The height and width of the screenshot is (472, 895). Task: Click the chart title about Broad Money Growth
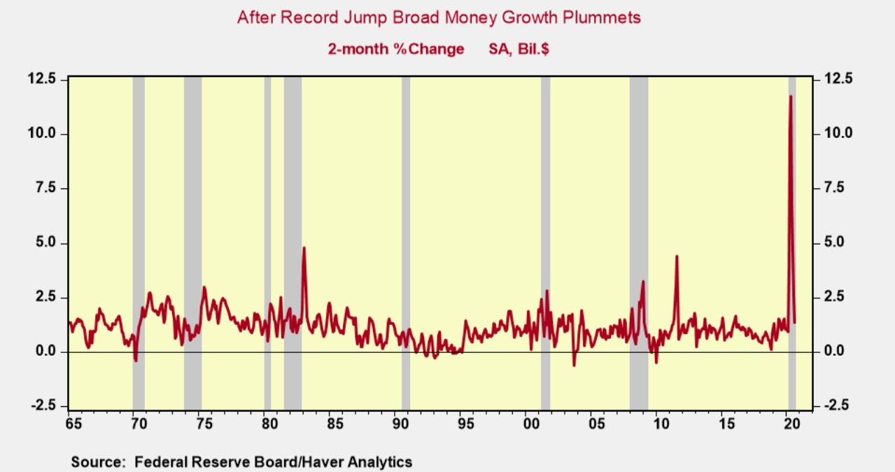[439, 18]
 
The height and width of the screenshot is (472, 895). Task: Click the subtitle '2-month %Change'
[395, 49]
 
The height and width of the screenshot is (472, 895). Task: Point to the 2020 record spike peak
[791, 97]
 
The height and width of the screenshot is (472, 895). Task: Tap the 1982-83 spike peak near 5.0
[304, 248]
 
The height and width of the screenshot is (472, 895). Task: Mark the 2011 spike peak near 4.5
[677, 256]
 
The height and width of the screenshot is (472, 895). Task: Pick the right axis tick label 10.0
[838, 133]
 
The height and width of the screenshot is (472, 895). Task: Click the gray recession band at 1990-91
[405, 210]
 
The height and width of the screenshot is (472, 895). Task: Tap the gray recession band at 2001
[545, 210]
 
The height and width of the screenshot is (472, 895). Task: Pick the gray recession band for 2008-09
[638, 210]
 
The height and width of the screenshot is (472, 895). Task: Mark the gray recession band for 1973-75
[192, 210]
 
